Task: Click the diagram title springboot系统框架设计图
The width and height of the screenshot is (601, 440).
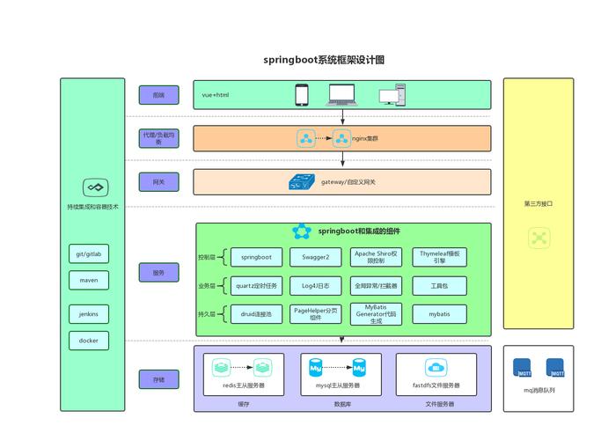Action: [x=324, y=60]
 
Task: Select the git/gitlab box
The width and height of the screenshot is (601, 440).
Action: [x=89, y=254]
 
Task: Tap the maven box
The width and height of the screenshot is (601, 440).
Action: [x=89, y=281]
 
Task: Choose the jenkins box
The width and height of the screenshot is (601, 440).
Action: [x=89, y=314]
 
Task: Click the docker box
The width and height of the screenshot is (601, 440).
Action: [x=89, y=341]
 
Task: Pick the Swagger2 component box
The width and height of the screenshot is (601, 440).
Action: [x=316, y=257]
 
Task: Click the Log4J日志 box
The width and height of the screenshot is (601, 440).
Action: [x=316, y=286]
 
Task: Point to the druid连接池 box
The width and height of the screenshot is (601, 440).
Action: [x=256, y=313]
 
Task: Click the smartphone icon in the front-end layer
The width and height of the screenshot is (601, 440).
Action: [x=302, y=94]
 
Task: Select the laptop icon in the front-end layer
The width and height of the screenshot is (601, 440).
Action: [x=341, y=94]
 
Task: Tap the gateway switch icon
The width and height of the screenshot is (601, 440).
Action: [x=303, y=182]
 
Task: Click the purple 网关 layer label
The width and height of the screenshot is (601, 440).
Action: [x=158, y=182]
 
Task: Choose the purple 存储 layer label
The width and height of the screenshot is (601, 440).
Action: [x=158, y=379]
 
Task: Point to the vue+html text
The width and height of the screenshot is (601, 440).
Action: [x=216, y=94]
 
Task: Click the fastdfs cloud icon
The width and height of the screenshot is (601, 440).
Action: [x=436, y=367]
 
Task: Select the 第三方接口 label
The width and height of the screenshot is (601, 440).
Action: [x=538, y=204]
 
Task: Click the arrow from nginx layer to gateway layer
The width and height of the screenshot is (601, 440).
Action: [x=343, y=159]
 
